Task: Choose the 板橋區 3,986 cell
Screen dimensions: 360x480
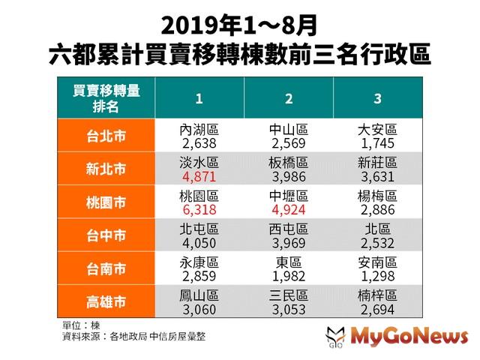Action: [288, 169]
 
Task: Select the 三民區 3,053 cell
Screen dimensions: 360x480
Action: [288, 301]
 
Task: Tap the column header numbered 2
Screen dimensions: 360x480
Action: [288, 97]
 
